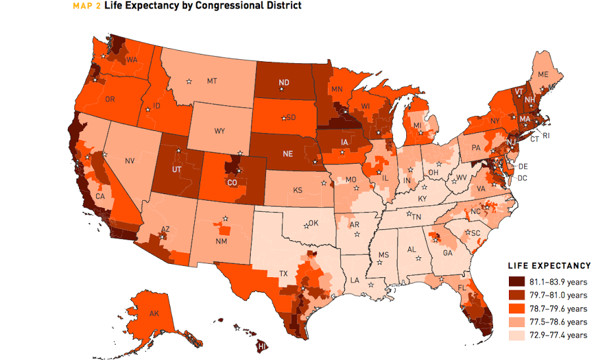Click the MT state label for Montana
point(212,81)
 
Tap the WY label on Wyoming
point(219,131)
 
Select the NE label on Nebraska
point(287,154)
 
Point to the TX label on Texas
point(284,273)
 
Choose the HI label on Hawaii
point(261,346)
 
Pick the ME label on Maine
point(543,75)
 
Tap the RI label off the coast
point(546,136)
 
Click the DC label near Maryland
point(522,178)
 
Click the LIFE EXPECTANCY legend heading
point(549,266)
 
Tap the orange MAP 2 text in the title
point(84,6)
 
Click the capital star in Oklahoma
point(306,226)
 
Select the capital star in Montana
point(189,82)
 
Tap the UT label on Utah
point(176,169)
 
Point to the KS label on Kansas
point(298,190)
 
